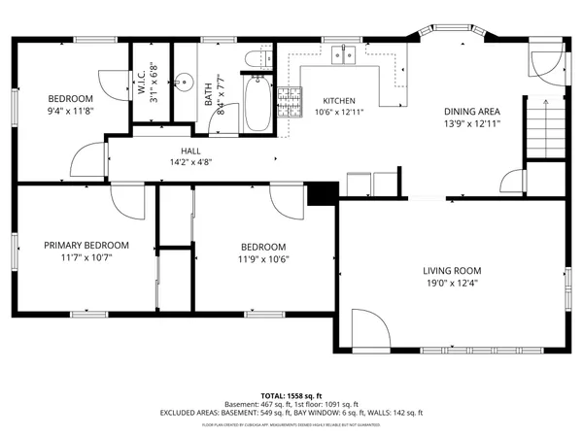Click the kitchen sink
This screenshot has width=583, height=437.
(x=342, y=56)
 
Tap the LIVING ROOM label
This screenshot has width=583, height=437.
(x=452, y=271)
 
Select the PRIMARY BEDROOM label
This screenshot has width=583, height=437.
(x=86, y=246)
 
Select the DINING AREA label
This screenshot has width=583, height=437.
(x=472, y=112)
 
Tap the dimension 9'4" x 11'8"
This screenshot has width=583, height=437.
(x=71, y=112)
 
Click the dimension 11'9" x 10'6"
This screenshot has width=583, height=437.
(x=263, y=259)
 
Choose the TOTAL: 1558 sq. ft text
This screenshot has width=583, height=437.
(x=291, y=397)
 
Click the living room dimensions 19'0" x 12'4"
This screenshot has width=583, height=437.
(x=452, y=284)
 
